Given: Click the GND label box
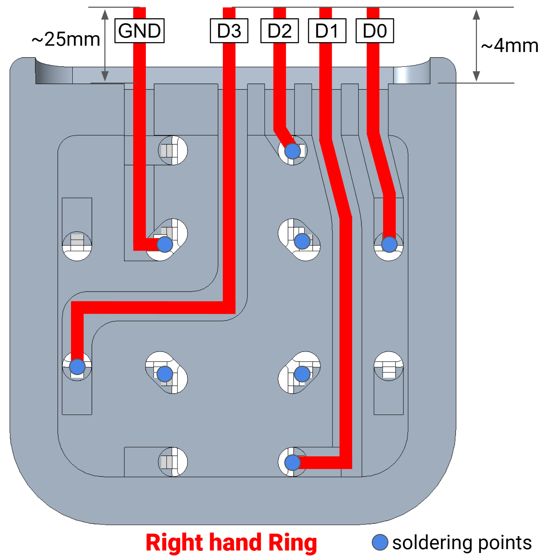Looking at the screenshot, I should (140, 31).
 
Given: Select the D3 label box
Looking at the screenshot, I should (229, 31).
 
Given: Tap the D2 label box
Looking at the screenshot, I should (279, 31).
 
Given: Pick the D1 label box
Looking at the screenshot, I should (327, 31).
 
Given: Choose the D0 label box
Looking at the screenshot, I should (375, 31).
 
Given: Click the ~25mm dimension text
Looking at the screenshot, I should (66, 39).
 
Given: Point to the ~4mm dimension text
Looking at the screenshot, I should (510, 46).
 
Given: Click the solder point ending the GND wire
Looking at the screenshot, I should (165, 244).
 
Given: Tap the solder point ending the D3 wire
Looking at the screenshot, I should (77, 367).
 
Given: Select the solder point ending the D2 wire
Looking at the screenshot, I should (292, 151).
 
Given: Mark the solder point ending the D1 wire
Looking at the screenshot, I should (292, 463).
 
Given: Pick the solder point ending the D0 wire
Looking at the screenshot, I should (389, 244).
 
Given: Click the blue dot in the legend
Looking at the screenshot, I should (380, 542).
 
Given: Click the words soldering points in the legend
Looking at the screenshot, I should (462, 543).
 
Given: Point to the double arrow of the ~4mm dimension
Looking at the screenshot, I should (476, 45).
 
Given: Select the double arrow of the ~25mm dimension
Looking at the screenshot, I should (105, 45).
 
